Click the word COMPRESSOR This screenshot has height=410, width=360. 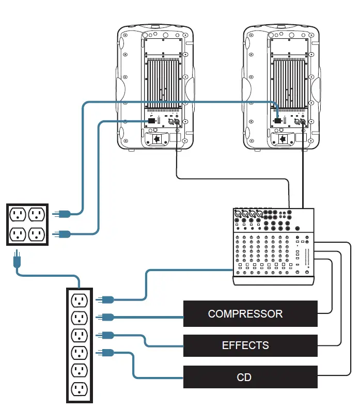pos(245,314)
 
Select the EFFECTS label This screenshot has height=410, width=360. pos(245,345)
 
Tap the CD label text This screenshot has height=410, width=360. pos(244,377)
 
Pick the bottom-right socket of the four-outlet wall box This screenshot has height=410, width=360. pos(37,234)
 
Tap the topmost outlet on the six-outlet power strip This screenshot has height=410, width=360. pos(80,299)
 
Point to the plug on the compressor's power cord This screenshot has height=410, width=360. pos(106,317)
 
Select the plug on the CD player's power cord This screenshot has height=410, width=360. pos(106,353)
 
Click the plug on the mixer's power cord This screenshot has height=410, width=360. pos(106,298)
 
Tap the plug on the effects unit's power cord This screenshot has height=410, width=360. pos(106,335)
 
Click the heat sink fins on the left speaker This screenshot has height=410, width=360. pos(163,83)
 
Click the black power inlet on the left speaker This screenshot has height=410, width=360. pos(151,121)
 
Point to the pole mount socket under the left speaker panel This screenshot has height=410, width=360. pos(156,139)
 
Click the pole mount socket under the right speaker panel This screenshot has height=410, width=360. pos(283,139)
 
